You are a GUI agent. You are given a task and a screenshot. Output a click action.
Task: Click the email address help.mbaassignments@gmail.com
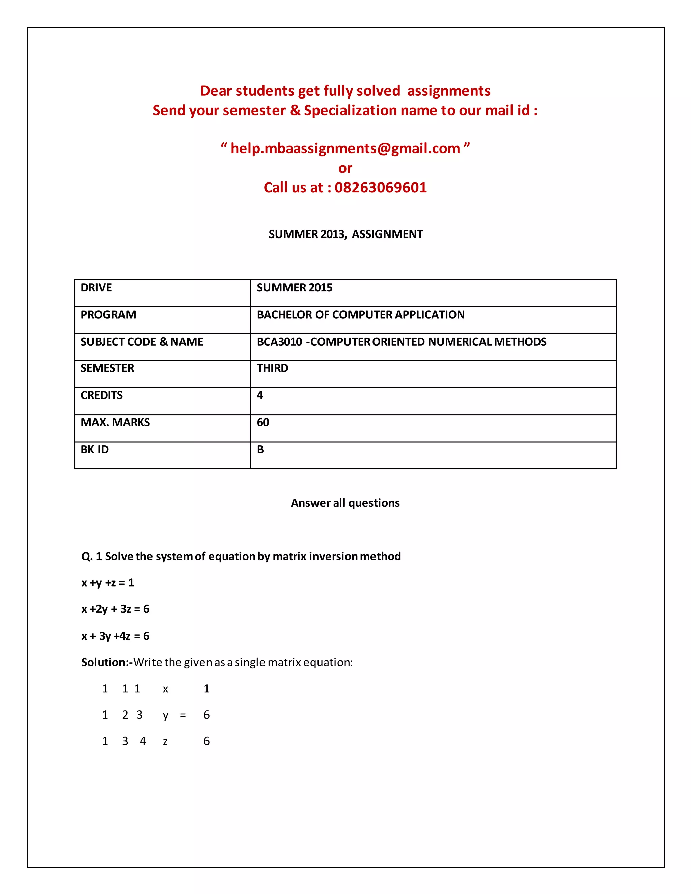[345, 148]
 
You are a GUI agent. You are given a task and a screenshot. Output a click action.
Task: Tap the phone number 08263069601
[380, 188]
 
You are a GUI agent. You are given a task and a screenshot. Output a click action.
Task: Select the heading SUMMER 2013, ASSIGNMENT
[345, 234]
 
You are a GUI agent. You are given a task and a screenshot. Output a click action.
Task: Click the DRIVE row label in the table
[96, 288]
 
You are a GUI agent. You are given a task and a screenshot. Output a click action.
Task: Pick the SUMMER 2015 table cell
[294, 288]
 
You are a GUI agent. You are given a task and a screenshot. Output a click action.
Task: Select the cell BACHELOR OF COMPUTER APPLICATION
[360, 315]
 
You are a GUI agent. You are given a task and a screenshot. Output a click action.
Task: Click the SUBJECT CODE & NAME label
[142, 342]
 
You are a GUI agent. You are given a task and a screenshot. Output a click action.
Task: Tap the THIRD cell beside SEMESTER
[272, 368]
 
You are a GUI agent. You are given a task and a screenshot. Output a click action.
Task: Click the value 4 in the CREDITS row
[260, 395]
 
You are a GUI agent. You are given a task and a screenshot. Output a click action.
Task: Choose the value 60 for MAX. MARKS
[263, 422]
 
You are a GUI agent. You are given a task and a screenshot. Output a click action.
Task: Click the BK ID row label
[94, 449]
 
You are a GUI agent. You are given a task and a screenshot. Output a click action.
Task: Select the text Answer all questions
[345, 503]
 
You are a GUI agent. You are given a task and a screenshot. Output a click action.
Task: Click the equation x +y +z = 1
[108, 583]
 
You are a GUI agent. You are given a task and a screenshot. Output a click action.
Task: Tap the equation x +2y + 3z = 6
[115, 609]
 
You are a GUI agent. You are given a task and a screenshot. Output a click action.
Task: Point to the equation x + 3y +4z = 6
[115, 636]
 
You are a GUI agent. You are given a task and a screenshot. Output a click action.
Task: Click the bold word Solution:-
[106, 662]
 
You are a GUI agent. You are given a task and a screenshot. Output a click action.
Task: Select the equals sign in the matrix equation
[183, 715]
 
